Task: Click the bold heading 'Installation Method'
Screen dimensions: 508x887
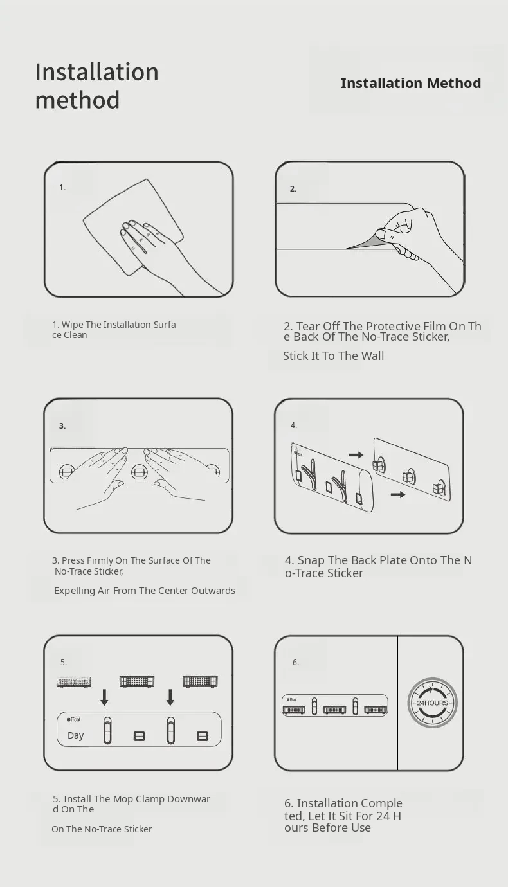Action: [411, 83]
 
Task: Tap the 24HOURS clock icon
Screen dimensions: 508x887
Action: [432, 703]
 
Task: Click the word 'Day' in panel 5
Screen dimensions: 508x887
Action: [75, 735]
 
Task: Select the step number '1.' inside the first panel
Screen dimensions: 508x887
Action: [62, 188]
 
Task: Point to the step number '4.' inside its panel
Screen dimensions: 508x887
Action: [294, 426]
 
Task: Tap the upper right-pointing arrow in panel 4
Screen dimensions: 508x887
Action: [356, 455]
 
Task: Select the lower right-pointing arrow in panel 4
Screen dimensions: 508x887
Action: [398, 494]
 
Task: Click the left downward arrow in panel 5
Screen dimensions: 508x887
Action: [104, 697]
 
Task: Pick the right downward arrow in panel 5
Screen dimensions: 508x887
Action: [170, 697]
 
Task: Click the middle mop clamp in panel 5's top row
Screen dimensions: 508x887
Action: [137, 681]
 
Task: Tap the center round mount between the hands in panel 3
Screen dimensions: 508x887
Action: [139, 472]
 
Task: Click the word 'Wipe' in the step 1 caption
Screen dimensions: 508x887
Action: [73, 325]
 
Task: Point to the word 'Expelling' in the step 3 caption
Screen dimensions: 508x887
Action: [75, 591]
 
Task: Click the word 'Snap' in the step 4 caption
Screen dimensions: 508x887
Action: [311, 560]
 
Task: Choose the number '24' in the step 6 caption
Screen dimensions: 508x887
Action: [383, 816]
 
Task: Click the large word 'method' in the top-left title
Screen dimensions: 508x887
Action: [77, 100]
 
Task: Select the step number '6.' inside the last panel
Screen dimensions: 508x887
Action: [296, 663]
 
